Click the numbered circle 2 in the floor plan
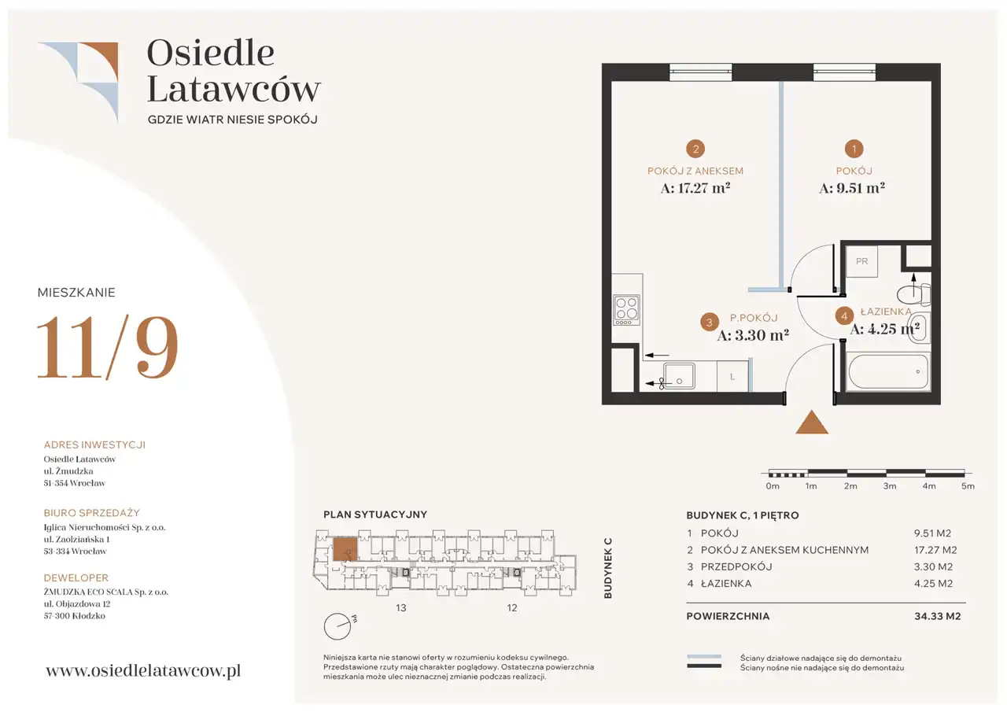coord(695,149)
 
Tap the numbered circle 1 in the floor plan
coord(854,149)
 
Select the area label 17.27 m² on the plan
coord(695,188)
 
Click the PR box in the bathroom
coord(861,261)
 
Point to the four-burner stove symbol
coord(627,310)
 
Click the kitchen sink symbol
coord(679,376)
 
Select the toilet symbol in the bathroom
coord(913,294)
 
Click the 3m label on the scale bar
coord(890,486)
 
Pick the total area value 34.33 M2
coord(937,616)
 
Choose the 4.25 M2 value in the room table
coord(933,584)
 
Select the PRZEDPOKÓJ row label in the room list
coord(736,566)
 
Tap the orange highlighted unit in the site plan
coord(345,549)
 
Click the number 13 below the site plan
coord(401,608)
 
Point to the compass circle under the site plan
coord(338,626)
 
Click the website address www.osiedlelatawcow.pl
coord(143,671)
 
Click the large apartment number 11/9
coord(108,348)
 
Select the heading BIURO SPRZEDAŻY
coord(92,513)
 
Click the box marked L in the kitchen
coord(732,377)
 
